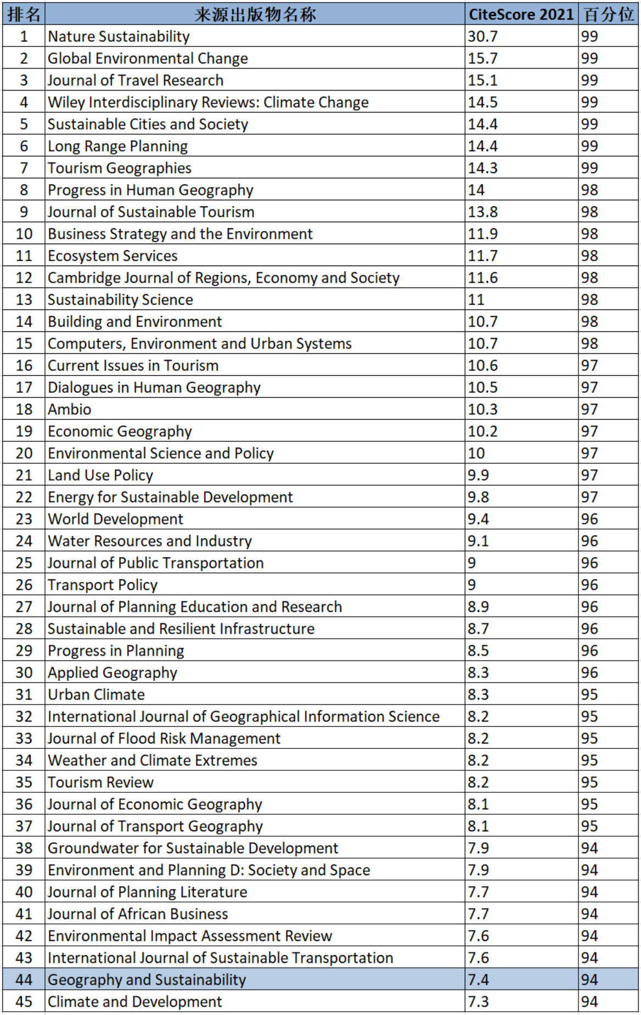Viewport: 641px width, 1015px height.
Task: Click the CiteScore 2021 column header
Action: (521, 14)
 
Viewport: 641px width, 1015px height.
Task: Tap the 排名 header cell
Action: (24, 14)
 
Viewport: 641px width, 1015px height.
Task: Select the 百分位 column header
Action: (608, 14)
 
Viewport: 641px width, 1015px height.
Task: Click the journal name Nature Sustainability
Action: (119, 36)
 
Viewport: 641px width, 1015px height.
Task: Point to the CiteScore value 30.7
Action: (482, 36)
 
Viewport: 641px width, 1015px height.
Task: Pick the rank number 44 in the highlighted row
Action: (24, 979)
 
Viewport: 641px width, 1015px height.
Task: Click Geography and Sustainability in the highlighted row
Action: (147, 979)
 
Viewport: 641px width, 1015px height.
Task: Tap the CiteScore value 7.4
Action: (478, 979)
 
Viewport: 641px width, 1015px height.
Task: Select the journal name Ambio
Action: (69, 409)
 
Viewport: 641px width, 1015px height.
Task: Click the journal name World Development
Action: (115, 519)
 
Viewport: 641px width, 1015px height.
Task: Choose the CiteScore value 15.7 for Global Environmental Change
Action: (482, 58)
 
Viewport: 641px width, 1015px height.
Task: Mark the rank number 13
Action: (24, 300)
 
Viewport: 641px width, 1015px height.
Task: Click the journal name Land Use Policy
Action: (100, 475)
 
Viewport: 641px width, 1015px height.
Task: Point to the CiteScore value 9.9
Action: (478, 475)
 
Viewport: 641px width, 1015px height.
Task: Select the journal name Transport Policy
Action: (103, 585)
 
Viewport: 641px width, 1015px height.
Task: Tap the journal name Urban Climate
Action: (96, 695)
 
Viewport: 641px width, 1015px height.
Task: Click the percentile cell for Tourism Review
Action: (589, 782)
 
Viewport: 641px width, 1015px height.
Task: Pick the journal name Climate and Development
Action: (134, 1002)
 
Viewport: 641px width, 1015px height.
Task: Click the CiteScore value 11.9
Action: (482, 234)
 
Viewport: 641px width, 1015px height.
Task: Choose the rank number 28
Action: (24, 629)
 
